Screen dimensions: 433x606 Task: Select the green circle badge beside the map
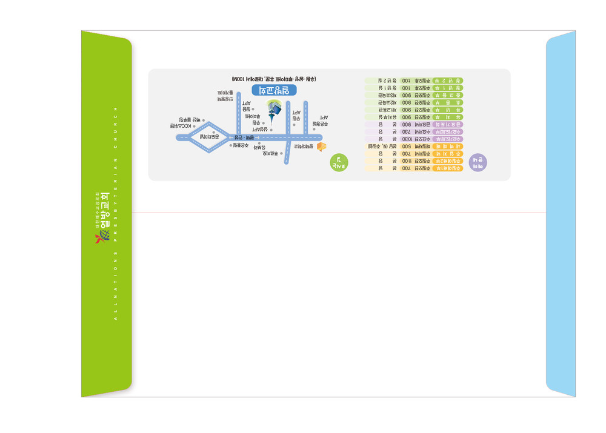[339, 162]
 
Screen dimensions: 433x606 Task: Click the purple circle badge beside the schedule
[478, 162]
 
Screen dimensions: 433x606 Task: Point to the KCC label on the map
[182, 126]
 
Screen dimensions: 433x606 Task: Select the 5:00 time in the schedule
[405, 147]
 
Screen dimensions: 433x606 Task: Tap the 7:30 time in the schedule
[405, 131]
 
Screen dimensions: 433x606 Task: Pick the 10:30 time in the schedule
[405, 139]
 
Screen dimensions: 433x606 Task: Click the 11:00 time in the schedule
[405, 161]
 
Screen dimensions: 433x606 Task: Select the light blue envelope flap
[561, 214]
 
